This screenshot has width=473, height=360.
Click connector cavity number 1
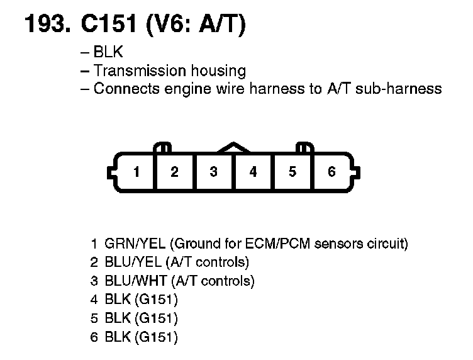tap(135, 172)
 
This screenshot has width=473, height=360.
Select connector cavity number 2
tap(174, 172)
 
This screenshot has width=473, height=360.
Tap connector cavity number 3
tap(214, 172)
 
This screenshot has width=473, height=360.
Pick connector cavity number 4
tap(253, 172)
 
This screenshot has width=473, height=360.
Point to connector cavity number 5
tap(292, 172)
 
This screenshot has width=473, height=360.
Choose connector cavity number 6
tap(331, 172)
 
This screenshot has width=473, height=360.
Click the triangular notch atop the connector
tap(233, 147)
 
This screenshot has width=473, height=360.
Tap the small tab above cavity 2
tap(163, 148)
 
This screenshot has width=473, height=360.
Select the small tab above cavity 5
tap(304, 148)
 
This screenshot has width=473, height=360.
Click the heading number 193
tap(48, 25)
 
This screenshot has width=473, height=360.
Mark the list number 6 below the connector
tap(94, 337)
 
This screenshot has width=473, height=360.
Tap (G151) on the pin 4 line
tap(157, 300)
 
